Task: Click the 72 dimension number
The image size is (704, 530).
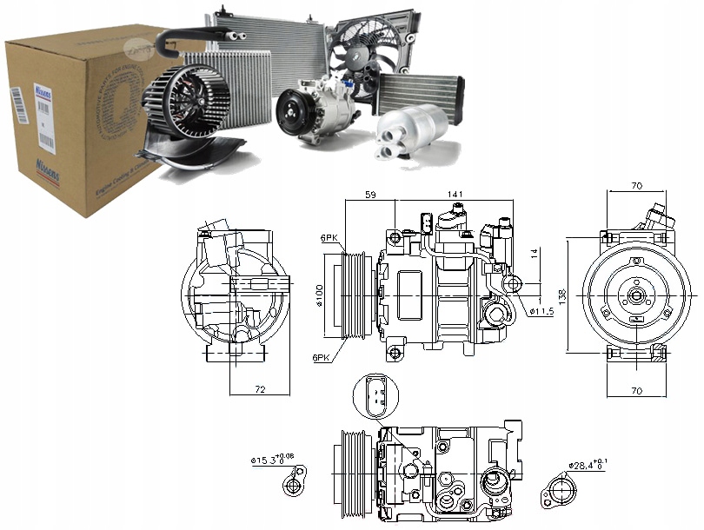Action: [x=260, y=390]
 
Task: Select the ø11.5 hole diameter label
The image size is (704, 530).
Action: [x=541, y=311]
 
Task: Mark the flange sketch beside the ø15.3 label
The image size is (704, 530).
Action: [x=300, y=481]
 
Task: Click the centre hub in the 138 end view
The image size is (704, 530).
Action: [x=637, y=295]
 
